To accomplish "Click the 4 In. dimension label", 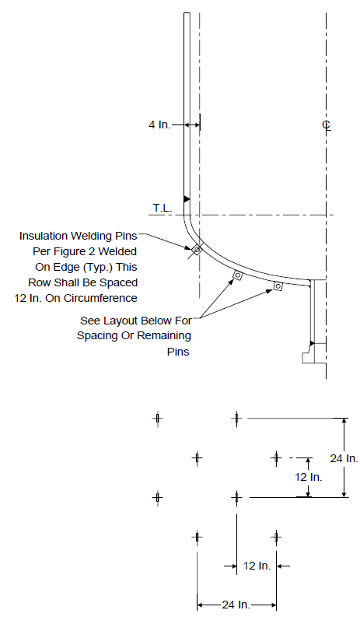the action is (x=159, y=124).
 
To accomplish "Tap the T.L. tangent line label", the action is (x=162, y=209).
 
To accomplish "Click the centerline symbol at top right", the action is (x=327, y=124).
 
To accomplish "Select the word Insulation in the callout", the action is (x=44, y=236).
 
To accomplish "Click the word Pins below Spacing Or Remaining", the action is (x=178, y=352).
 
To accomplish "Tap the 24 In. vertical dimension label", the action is (x=344, y=458).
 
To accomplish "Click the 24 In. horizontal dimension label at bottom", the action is (x=236, y=605).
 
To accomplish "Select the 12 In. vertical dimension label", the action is (x=309, y=477).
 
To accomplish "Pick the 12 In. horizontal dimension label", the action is (x=257, y=566).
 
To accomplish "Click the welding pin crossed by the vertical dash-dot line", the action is (x=196, y=249).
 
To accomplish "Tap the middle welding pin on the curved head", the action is (x=237, y=275).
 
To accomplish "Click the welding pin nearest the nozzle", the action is (x=278, y=286).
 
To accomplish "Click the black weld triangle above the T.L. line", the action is (x=187, y=199).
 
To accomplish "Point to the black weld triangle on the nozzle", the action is (x=312, y=343).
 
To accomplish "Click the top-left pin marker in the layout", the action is (x=157, y=419).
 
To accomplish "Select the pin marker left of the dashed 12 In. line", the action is (x=276, y=458).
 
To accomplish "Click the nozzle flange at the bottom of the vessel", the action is (x=313, y=353).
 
